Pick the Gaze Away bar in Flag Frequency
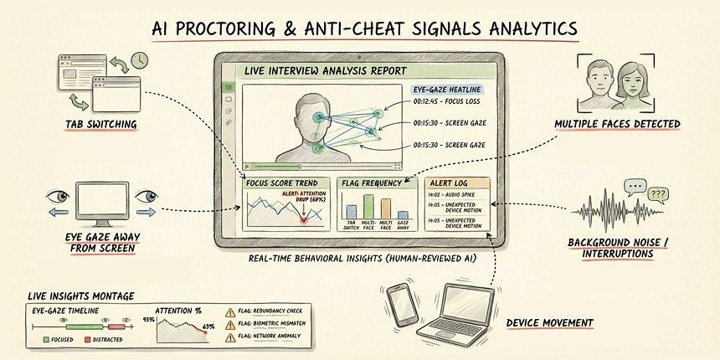point(403,212)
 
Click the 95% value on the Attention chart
point(150,319)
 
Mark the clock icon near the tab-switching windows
point(139,60)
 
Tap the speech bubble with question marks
point(658,196)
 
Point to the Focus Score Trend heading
point(284,182)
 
